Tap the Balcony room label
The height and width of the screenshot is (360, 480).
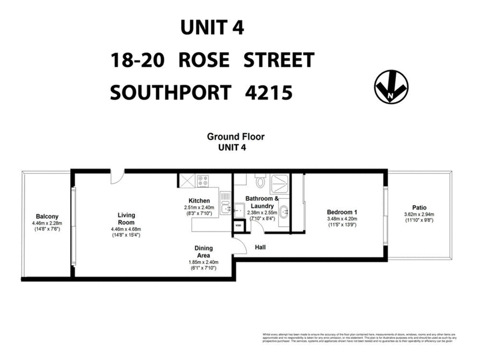46,217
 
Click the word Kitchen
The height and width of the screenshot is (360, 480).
199,200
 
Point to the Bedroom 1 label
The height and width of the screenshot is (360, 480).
342,212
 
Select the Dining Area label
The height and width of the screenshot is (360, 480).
204,251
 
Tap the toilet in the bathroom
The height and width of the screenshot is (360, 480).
259,179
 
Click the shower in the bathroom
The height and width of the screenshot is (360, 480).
280,181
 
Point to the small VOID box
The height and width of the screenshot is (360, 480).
238,226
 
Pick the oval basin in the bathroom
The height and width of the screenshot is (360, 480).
283,212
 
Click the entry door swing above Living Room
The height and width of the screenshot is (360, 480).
117,175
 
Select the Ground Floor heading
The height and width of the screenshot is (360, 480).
236,136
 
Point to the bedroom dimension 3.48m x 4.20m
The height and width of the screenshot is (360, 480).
342,220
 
